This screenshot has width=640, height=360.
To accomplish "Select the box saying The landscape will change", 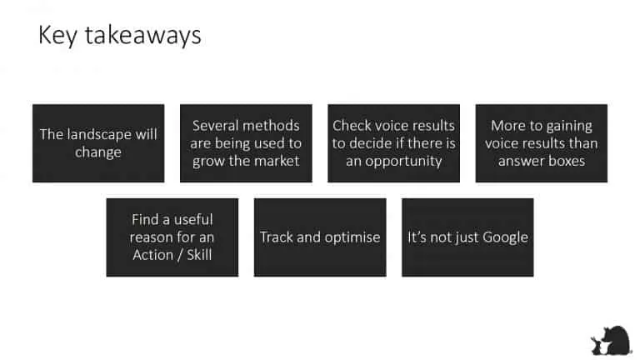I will (x=98, y=142).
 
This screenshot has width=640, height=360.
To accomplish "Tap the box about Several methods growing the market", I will (x=246, y=142).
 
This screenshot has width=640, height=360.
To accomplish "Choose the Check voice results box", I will (x=393, y=142).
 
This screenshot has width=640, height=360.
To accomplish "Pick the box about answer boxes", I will (x=541, y=142).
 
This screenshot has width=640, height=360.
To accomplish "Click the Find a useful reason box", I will (x=172, y=237).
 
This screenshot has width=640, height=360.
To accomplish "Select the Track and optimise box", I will (x=320, y=237).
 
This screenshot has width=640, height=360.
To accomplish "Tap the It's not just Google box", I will (x=467, y=237).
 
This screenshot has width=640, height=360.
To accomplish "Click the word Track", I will (x=277, y=237).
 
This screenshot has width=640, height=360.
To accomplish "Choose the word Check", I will (x=351, y=126).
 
